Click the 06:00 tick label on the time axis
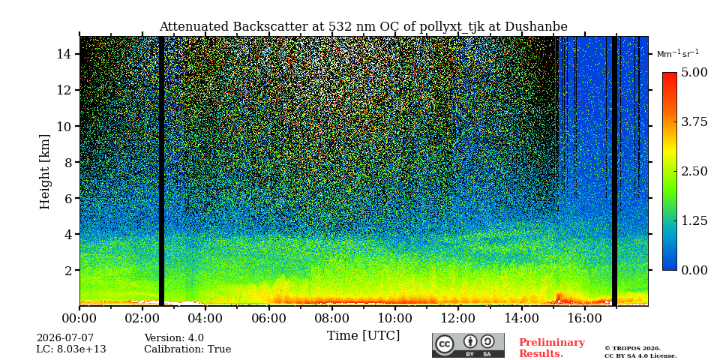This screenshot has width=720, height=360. tap(269, 318)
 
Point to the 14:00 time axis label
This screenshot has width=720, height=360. tap(521, 318)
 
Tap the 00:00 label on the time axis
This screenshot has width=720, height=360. tap(79, 318)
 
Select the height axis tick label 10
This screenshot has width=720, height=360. tap(64, 126)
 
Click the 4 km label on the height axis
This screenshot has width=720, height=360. tap(68, 234)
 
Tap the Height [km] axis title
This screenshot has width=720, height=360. tap(44, 172)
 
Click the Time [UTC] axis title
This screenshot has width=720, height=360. tap(363, 336)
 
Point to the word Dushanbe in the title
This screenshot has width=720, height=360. tap(535, 27)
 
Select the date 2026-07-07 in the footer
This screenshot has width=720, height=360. tap(65, 338)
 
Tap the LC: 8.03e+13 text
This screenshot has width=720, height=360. tap(71, 349)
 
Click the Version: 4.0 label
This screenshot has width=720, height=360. tap(174, 338)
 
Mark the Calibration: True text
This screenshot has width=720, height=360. tap(187, 349)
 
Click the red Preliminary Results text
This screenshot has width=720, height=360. tap(552, 348)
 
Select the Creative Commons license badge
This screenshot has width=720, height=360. tap(468, 345)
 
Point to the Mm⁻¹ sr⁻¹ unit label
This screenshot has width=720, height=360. tap(678, 53)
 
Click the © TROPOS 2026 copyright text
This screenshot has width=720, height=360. tap(632, 349)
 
